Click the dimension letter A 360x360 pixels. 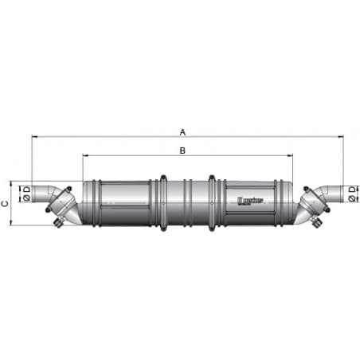(x=182, y=132)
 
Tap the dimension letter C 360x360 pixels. (x=6, y=203)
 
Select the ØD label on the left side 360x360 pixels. (x=25, y=193)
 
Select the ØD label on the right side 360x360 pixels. (x=351, y=192)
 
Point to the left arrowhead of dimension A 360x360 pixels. (x=34, y=137)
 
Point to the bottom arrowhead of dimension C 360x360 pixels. (x=14, y=224)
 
